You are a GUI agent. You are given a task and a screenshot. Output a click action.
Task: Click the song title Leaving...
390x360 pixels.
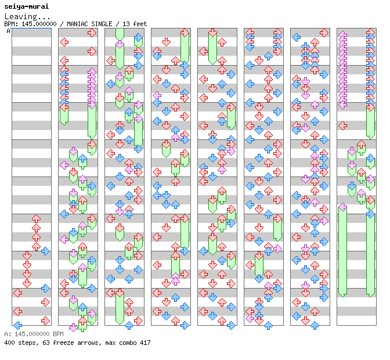click(x=27, y=16)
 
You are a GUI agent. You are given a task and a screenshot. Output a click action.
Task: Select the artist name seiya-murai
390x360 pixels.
click(x=27, y=6)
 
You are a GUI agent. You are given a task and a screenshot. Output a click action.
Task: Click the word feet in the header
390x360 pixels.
click(x=140, y=24)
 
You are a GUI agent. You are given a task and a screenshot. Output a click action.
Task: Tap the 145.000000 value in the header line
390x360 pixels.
click(x=39, y=24)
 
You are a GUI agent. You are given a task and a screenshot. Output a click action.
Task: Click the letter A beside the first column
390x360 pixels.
click(x=9, y=31)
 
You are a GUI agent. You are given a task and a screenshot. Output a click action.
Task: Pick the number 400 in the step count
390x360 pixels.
click(x=9, y=343)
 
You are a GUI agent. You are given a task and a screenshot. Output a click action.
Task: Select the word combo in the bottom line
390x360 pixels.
click(x=128, y=343)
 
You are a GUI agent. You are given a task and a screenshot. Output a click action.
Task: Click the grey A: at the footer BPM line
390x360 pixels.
click(x=8, y=334)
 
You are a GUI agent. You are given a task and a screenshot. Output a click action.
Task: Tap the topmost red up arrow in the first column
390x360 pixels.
click(x=37, y=219)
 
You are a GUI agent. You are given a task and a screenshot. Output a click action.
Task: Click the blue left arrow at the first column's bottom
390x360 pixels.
click(x=18, y=325)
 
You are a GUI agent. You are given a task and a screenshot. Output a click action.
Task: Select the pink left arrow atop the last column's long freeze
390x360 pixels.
click(x=343, y=207)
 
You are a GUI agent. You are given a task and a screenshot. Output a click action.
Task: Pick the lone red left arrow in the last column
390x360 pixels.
click(x=343, y=125)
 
